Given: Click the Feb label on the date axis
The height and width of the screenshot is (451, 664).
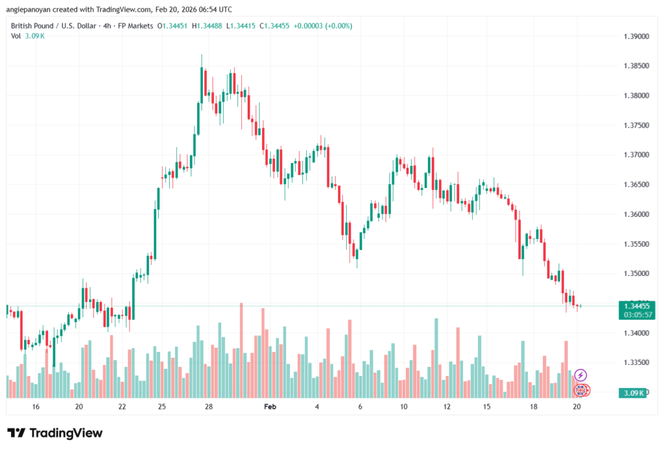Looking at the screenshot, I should [x=270, y=407].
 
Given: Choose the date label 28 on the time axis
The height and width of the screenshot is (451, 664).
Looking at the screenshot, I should [x=209, y=407].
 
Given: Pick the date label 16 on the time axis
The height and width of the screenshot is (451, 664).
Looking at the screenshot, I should [x=36, y=407].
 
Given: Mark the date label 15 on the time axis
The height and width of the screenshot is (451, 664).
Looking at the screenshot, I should [x=486, y=407].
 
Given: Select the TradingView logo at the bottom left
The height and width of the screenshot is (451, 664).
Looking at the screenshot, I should [x=55, y=433].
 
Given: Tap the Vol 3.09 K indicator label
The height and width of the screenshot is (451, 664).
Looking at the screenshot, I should [x=27, y=36].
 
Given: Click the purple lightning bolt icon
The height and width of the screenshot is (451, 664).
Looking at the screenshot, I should [x=581, y=375].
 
